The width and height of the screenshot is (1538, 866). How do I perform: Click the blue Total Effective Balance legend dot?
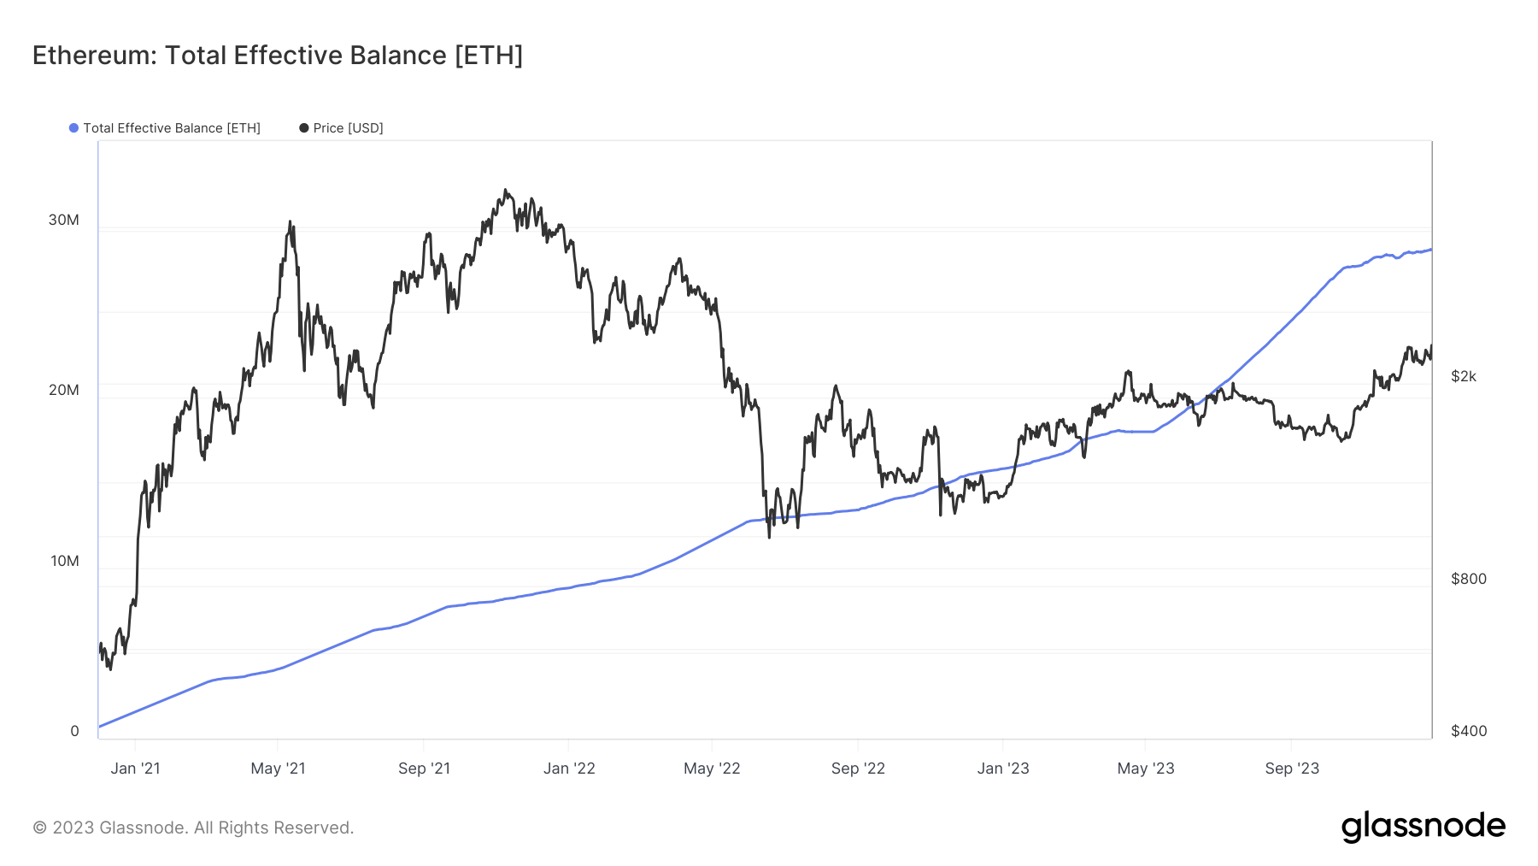[x=74, y=128]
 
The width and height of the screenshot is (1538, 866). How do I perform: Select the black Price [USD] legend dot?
[x=304, y=128]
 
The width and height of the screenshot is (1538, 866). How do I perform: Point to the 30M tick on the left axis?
[x=63, y=220]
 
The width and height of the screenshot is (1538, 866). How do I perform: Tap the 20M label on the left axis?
[x=63, y=390]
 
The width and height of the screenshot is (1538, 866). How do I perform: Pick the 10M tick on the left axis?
[x=64, y=561]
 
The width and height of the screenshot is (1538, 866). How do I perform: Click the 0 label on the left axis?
[x=74, y=731]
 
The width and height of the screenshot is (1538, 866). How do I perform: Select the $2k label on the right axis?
[x=1464, y=376]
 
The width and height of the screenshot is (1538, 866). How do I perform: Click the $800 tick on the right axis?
[x=1469, y=579]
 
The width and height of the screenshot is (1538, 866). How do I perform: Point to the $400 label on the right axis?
[x=1469, y=731]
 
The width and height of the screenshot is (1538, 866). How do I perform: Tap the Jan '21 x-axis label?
[x=135, y=769]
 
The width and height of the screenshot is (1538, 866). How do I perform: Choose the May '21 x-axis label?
[x=278, y=769]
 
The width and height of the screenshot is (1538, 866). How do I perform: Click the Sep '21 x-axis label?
[x=424, y=769]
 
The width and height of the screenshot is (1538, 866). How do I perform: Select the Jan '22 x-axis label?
[x=569, y=769]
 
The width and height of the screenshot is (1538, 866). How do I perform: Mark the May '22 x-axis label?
[x=712, y=769]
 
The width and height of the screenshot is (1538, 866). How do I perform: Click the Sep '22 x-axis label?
[x=858, y=769]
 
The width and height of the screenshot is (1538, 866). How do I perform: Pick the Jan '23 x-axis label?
[x=1003, y=769]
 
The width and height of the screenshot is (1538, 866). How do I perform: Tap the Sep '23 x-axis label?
[x=1292, y=769]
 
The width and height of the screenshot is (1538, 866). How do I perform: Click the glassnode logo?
[x=1423, y=827]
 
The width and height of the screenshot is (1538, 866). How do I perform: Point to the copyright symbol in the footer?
[x=39, y=828]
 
